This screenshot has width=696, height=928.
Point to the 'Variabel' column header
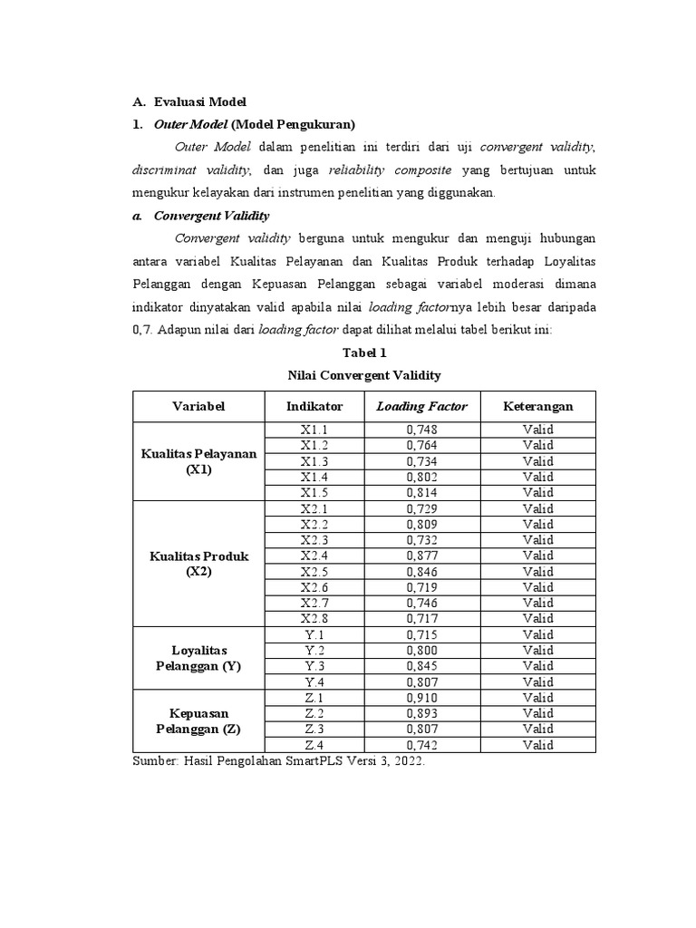(198, 407)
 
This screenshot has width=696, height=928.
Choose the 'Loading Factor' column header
(421, 407)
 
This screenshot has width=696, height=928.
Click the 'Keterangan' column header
(537, 407)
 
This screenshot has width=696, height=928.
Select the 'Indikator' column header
(314, 407)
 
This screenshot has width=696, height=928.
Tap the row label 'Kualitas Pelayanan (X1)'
(198, 461)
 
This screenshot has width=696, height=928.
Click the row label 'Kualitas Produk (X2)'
(198, 564)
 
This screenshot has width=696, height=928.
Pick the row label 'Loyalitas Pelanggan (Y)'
(198, 659)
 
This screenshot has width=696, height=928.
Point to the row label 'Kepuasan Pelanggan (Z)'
(198, 721)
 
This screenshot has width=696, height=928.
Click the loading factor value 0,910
(421, 698)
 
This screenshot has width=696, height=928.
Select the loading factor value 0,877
(421, 556)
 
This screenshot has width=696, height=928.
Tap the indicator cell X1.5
(314, 492)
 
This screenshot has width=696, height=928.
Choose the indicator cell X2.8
(314, 619)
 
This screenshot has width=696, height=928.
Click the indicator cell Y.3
(314, 666)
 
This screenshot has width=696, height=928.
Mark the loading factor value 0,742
(421, 745)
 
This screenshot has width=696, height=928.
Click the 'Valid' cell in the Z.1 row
(537, 698)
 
